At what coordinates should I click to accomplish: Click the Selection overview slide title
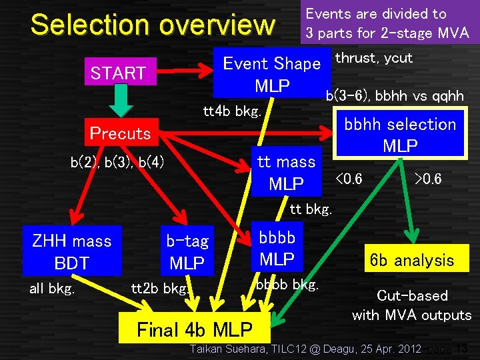153,25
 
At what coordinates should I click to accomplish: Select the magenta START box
118,73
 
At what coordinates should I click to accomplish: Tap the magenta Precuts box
120,133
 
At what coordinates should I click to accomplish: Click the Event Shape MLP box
272,74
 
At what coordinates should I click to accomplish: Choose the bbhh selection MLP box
400,135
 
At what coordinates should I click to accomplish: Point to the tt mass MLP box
286,173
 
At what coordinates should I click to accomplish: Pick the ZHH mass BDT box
72,252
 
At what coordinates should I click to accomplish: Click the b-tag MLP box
187,252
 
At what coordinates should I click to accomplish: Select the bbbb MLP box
277,247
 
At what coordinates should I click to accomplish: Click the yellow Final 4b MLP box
194,329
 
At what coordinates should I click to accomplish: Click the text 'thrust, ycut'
373,58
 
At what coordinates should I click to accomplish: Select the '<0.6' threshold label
349,179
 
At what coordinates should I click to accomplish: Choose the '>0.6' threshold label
428,179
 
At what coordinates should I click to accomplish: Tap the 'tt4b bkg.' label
231,111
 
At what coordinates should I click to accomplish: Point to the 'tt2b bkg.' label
160,289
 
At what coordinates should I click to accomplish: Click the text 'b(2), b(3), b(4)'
117,162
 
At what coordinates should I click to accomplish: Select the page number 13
462,348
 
